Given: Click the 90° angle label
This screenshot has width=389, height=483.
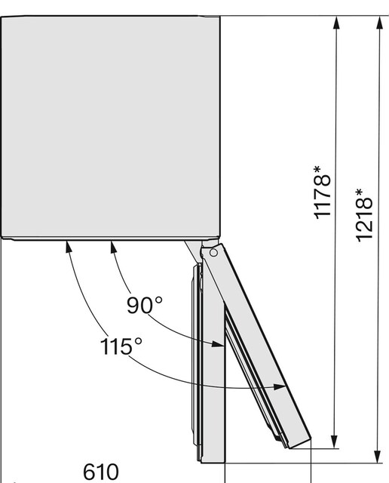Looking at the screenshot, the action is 144,305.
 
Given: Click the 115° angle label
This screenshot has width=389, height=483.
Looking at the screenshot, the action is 121,346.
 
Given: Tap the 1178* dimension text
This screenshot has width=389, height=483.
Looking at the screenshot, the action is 322,192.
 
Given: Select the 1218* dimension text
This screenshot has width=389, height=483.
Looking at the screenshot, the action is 364,215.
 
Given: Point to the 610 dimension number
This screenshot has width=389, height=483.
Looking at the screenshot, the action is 100,472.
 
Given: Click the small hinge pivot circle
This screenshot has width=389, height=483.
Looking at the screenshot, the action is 213,253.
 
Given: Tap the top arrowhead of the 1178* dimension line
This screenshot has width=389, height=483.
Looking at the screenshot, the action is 336,23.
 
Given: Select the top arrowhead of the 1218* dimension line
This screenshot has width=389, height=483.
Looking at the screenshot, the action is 379,23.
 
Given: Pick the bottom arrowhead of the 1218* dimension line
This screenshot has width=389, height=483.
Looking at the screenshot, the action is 378,456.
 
